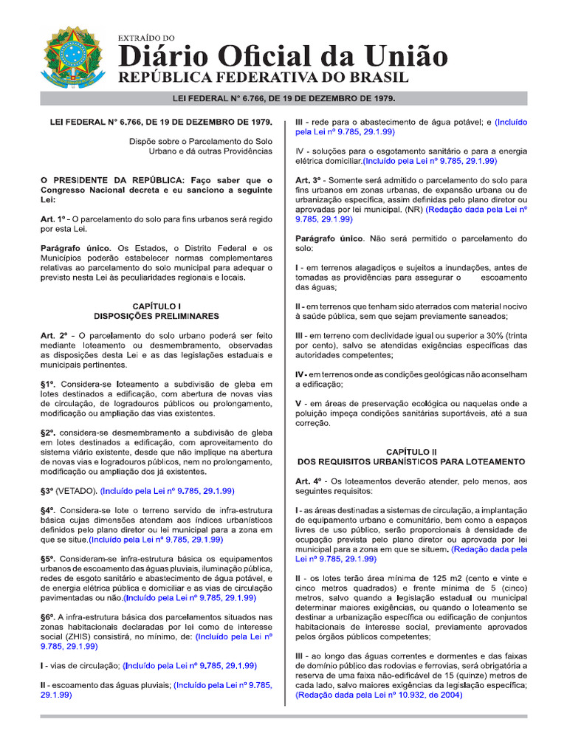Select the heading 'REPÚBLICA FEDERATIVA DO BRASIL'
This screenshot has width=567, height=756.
click(x=264, y=78)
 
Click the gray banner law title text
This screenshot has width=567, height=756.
click(x=283, y=98)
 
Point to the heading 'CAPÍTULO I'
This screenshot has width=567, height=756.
click(x=157, y=305)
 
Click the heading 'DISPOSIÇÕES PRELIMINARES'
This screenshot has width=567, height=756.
click(x=157, y=315)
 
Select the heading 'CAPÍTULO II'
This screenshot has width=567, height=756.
click(x=411, y=450)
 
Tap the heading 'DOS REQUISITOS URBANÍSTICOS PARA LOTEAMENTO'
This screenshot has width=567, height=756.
click(x=411, y=461)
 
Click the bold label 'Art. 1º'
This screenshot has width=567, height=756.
click(x=53, y=219)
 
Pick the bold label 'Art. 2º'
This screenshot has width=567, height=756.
click(x=54, y=334)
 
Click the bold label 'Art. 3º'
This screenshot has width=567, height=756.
click(x=308, y=180)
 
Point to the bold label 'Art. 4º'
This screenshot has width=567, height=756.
click(x=308, y=481)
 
